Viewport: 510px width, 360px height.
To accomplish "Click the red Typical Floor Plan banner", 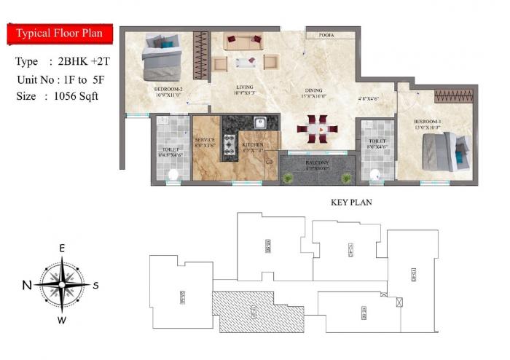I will click(60, 34).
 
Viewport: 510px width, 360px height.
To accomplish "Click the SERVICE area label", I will click(205, 139).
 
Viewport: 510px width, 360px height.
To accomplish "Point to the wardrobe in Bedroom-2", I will click(201, 55).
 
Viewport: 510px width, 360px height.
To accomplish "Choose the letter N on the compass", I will click(27, 285).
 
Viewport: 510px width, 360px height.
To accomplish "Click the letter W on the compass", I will click(62, 319).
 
